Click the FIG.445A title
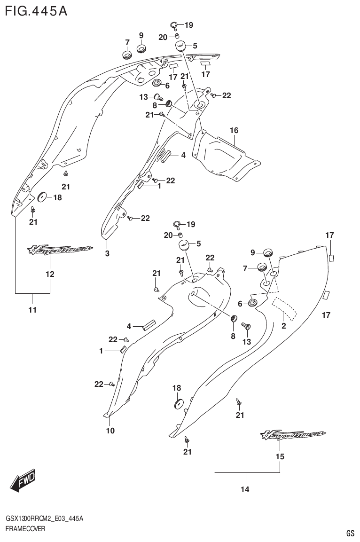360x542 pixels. (x=36, y=10)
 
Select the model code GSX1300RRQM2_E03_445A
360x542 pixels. (x=45, y=518)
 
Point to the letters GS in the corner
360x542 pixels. (x=350, y=533)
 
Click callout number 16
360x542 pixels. (x=234, y=130)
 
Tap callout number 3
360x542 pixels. (x=107, y=254)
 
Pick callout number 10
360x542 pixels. (x=110, y=430)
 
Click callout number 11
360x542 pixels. (x=32, y=310)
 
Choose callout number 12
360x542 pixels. (x=50, y=274)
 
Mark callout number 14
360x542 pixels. (x=244, y=490)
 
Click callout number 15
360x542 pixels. (x=280, y=456)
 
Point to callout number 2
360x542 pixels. (x=284, y=326)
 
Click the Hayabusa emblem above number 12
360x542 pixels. (x=59, y=250)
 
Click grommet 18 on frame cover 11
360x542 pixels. (x=41, y=196)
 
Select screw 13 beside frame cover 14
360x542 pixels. (x=246, y=326)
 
